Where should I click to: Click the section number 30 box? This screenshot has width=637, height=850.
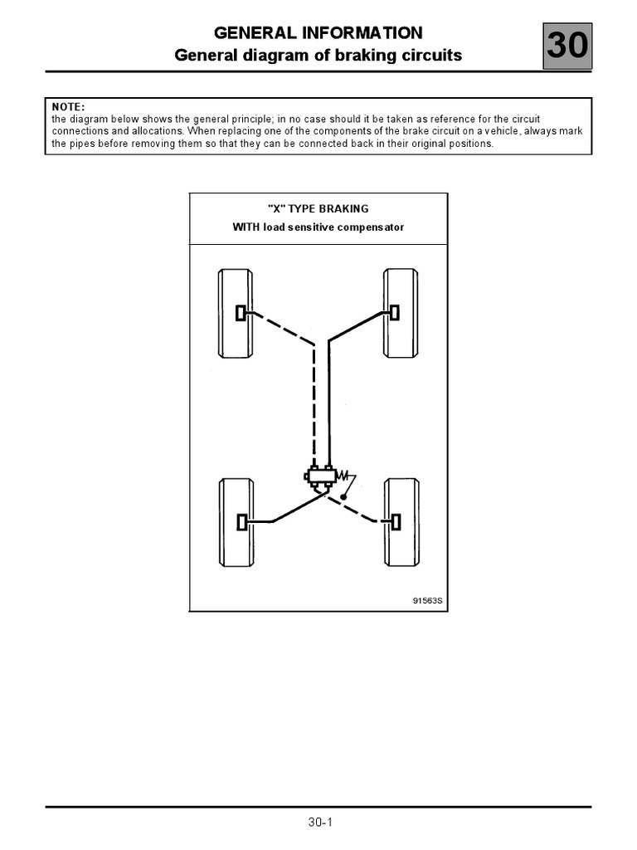pos(567,46)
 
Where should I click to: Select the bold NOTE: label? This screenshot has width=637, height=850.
pos(68,107)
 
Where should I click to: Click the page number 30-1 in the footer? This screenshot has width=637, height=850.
pos(318,823)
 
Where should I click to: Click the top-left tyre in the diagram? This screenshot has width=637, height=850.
pos(235,312)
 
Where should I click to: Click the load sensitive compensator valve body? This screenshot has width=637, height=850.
pos(320,476)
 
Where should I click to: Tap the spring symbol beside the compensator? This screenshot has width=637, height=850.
pos(345,476)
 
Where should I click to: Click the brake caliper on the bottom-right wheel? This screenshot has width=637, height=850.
pos(395,521)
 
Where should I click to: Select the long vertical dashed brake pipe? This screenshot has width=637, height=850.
pos(314,407)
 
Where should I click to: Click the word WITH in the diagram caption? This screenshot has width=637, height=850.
pos(247,227)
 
